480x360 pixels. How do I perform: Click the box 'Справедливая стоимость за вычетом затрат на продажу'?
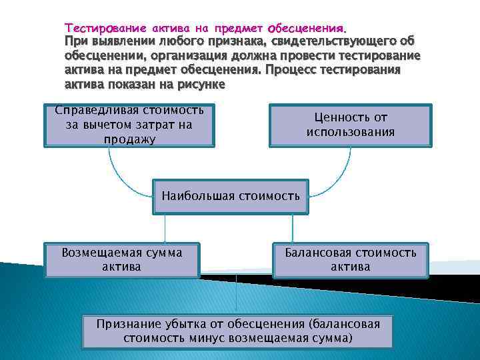(x=130, y=125)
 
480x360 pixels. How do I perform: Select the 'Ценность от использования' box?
(x=350, y=125)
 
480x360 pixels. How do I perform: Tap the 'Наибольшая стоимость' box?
(x=231, y=196)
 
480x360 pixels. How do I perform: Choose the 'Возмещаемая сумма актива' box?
(x=121, y=259)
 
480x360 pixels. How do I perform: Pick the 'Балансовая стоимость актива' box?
(x=350, y=259)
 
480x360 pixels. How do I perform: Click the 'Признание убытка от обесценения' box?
(x=238, y=331)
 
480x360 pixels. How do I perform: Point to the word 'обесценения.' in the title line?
(x=307, y=29)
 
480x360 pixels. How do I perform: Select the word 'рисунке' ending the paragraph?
(x=201, y=85)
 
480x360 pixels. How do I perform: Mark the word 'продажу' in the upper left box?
(x=130, y=139)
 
